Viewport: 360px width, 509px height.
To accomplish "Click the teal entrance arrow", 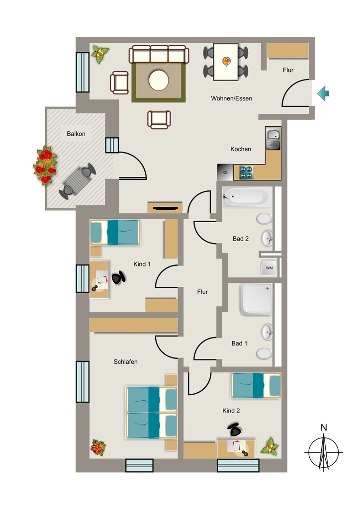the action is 323,93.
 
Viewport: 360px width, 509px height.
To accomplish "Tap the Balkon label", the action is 76,134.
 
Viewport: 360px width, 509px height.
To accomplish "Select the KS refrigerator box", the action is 225,172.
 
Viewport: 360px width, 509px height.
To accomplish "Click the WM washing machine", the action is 269,267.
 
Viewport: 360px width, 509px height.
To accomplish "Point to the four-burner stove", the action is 246,172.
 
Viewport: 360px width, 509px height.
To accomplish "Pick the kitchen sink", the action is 273,138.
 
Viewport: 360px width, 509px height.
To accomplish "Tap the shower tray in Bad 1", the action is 256,300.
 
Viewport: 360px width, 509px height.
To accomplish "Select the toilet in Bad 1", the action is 264,353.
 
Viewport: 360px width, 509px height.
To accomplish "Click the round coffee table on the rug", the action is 159,80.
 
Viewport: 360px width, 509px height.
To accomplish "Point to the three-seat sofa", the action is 159,54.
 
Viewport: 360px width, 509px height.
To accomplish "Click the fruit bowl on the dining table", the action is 226,61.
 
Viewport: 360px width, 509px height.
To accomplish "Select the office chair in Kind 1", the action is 118,278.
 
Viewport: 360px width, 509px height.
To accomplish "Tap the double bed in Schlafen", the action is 151,412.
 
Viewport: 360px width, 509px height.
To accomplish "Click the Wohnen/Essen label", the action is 231,98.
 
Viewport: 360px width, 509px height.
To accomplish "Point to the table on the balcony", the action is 77,181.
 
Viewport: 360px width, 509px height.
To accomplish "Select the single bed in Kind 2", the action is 256,385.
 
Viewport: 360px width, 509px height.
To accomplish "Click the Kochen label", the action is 241,149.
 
